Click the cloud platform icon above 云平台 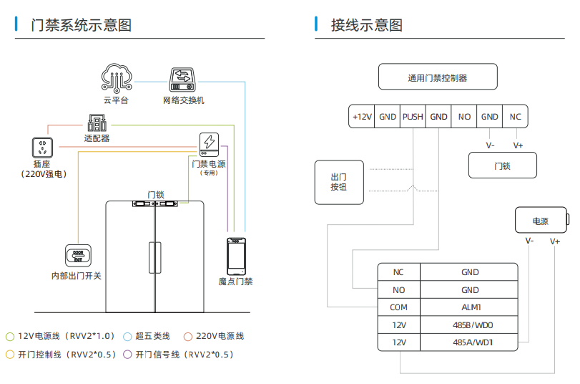pos(116,78)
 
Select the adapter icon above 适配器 pos(97,122)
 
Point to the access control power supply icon pos(210,144)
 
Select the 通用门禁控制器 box pos(438,77)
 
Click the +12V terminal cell pos(362,117)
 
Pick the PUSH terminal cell pos(413,117)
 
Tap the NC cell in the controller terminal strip pos(515,117)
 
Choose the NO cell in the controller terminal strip pos(464,117)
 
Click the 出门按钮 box pos(338,182)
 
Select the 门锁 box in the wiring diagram pos(502,166)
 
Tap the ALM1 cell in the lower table pos(469,307)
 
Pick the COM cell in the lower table pos(398,307)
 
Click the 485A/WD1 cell pos(469,342)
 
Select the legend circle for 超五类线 pos(127,336)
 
